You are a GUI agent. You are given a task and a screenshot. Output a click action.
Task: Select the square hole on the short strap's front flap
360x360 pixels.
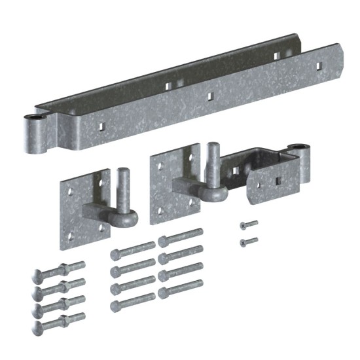click(x=277, y=181)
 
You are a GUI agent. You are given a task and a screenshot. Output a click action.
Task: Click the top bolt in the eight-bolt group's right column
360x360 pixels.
click(x=181, y=235)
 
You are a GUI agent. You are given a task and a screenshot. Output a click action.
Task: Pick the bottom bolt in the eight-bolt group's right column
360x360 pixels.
click(x=181, y=288)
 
